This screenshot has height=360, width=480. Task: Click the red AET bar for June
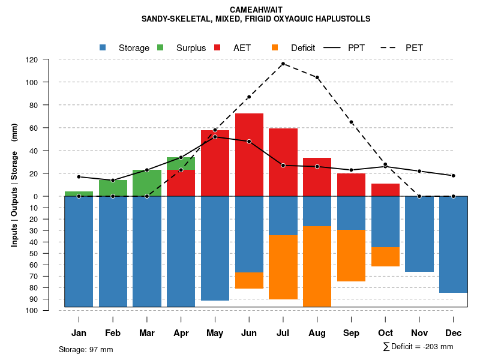pyautogui.click(x=249, y=155)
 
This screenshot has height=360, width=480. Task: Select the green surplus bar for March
pyautogui.click(x=147, y=183)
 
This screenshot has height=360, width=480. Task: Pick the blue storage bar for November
pyautogui.click(x=419, y=234)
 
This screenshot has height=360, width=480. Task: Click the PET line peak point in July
pyautogui.click(x=283, y=64)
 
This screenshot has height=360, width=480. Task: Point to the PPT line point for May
pyautogui.click(x=215, y=137)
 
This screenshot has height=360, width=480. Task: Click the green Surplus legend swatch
pyautogui.click(x=161, y=47)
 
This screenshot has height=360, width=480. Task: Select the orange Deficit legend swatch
pyautogui.click(x=275, y=47)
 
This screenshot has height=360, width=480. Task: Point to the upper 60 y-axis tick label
pyautogui.click(x=50, y=128)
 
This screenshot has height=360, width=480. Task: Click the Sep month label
pyautogui.click(x=352, y=333)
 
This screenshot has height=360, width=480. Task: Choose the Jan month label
pyautogui.click(x=79, y=333)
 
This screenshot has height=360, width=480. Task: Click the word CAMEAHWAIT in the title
pyautogui.click(x=256, y=10)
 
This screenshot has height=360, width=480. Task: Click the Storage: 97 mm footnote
pyautogui.click(x=86, y=349)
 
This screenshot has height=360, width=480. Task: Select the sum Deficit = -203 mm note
pyautogui.click(x=418, y=347)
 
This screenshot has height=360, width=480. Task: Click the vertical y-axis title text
pyautogui.click(x=14, y=185)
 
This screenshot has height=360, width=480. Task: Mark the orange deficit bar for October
pyautogui.click(x=385, y=257)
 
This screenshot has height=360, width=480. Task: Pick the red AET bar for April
pyautogui.click(x=181, y=183)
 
